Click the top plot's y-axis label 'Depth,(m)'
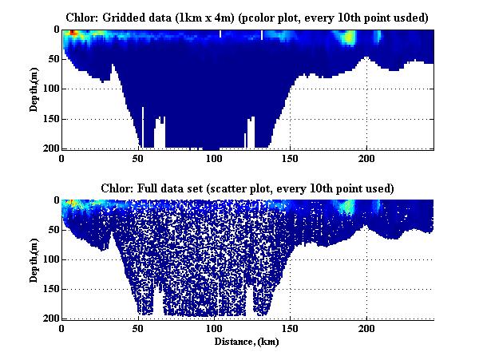[x=35, y=89]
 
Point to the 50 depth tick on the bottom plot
[x=51, y=230]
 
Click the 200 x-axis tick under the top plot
[x=366, y=159]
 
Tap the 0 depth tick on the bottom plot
[x=54, y=200]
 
